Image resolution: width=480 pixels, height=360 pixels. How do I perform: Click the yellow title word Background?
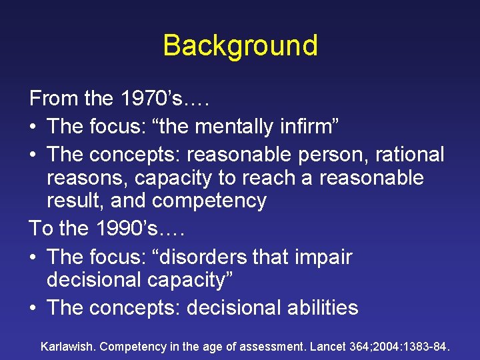click(x=240, y=45)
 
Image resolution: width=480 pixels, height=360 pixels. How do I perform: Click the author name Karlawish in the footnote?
click(x=69, y=347)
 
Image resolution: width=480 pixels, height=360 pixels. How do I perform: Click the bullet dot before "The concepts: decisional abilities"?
click(x=34, y=308)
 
